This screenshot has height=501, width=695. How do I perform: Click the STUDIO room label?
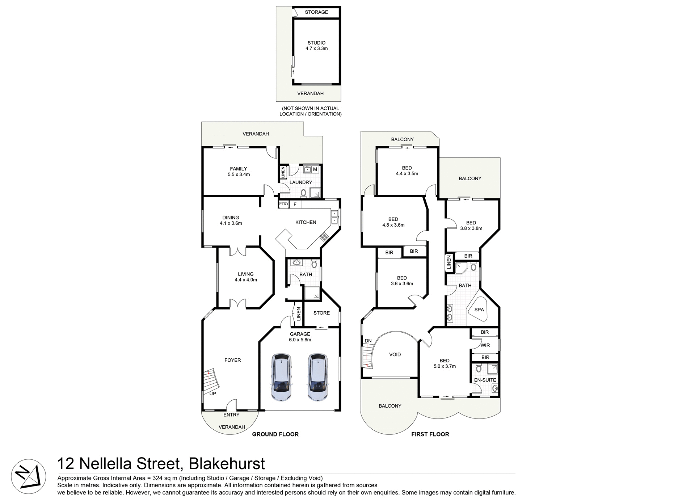[316, 43]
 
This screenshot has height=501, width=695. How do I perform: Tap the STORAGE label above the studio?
[316, 12]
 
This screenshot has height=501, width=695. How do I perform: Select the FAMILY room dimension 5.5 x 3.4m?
[239, 174]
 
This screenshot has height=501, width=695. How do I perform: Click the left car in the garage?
[281, 377]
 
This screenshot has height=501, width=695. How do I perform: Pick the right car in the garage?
[317, 377]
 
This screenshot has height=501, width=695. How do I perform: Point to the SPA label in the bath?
[479, 310]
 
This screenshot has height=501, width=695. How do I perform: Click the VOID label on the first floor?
[395, 355]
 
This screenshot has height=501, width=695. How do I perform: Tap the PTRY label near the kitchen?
[283, 204]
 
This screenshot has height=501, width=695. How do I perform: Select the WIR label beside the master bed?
[485, 345]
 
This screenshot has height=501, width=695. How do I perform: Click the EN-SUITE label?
[485, 380]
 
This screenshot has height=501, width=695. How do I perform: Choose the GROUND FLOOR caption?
[275, 434]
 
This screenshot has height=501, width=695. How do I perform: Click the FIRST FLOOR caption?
[430, 434]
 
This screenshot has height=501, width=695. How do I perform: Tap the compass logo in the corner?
[28, 477]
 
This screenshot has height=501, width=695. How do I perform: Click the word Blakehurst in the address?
[227, 464]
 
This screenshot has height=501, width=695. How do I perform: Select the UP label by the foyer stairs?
[213, 393]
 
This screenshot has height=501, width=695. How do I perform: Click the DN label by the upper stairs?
[368, 341]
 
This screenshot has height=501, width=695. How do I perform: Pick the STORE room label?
[321, 313]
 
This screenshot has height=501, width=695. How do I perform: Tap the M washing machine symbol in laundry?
[315, 169]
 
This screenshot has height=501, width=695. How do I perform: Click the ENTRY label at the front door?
[231, 415]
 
